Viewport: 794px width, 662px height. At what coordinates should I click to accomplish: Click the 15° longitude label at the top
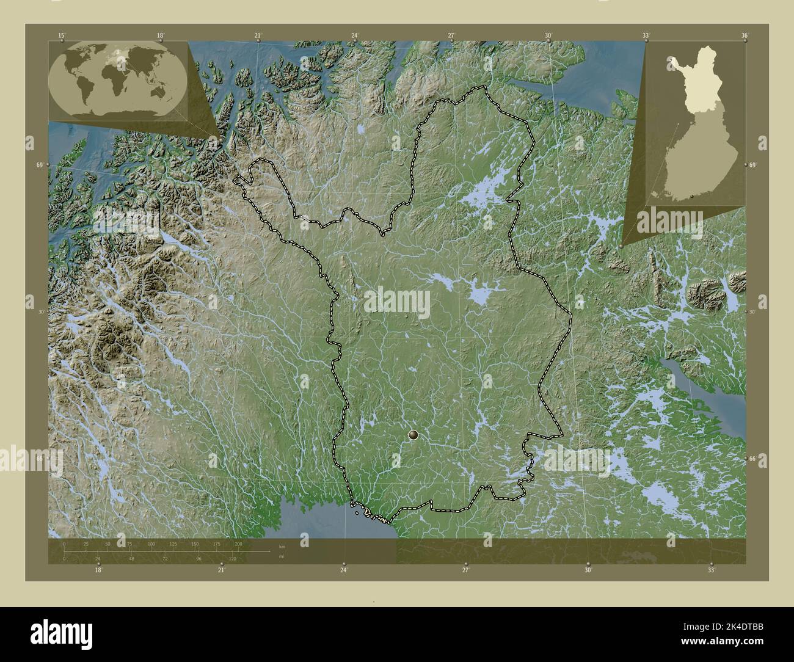tap(61, 36)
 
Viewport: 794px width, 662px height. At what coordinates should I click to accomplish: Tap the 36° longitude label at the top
tap(745, 36)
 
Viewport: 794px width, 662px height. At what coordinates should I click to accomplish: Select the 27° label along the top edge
tap(451, 36)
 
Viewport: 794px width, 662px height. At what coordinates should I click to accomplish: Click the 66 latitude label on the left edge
tap(39, 458)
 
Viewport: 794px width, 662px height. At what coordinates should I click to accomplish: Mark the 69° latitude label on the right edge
tap(752, 166)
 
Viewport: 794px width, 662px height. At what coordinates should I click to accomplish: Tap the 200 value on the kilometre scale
tap(238, 544)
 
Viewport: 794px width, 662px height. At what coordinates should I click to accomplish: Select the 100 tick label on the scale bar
tap(151, 544)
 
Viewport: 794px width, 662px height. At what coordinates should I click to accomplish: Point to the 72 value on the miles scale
tap(165, 558)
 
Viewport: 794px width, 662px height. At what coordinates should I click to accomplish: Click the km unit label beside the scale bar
tap(282, 547)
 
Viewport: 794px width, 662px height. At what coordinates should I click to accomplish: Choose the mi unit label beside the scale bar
tap(281, 556)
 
